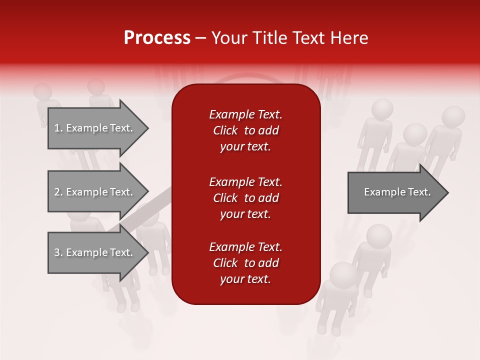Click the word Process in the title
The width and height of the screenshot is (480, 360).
157,38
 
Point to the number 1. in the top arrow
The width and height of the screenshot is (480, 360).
58,128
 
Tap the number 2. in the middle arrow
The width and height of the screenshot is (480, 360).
58,192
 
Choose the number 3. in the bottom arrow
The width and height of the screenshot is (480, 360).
58,252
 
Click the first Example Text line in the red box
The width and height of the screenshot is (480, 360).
245,114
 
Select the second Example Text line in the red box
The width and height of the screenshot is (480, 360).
245,182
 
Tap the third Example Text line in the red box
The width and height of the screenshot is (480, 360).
245,247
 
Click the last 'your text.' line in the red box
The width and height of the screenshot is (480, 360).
245,279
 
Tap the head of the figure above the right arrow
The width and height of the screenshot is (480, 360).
415,134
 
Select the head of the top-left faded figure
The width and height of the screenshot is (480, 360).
43,92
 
